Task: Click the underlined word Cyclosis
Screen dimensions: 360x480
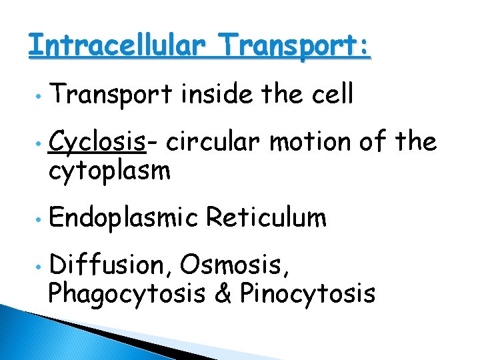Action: coord(102,142)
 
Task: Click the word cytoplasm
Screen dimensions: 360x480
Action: coord(110,171)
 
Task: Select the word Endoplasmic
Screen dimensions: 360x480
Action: coord(123,218)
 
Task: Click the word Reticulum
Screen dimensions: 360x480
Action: coord(266,217)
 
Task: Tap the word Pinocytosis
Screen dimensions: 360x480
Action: coord(307,293)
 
